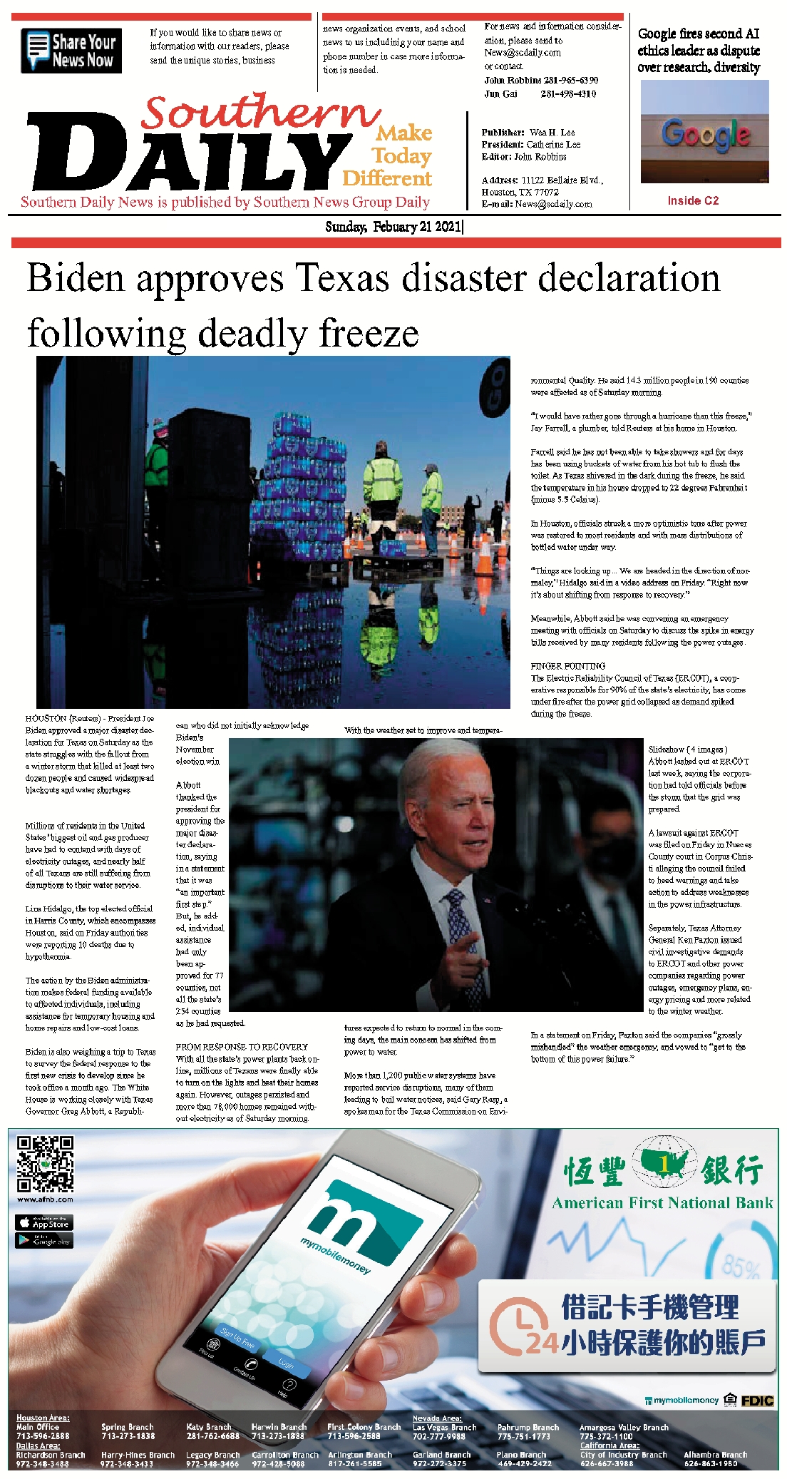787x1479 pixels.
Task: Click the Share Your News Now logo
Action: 71,51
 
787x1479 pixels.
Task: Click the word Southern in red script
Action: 260,113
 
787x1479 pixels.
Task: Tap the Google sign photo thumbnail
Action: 704,131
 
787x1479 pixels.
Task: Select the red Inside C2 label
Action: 693,200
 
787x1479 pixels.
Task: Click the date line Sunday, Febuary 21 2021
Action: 393,227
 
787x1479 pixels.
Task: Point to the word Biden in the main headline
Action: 76,278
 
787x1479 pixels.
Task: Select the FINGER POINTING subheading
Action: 567,666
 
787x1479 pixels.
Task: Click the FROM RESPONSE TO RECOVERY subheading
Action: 242,1047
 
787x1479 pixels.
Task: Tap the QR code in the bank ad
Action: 45,1165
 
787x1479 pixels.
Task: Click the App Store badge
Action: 44,1223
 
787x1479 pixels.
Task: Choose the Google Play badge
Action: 44,1241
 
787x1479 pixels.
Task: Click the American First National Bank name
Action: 662,1203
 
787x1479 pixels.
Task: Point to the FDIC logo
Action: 757,1401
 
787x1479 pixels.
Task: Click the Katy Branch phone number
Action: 212,1435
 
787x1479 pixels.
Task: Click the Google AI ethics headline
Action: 699,50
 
